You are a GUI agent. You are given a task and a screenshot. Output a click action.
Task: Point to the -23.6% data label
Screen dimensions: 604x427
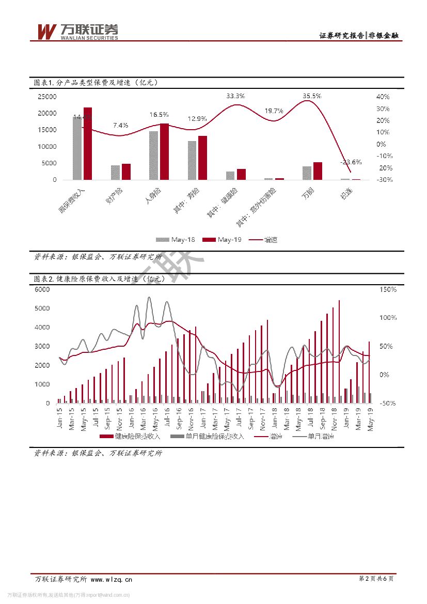[351, 162]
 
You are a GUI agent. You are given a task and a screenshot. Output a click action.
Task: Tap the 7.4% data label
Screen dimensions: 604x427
[120, 125]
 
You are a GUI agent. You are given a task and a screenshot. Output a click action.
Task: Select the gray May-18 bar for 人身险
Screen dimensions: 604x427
[153, 155]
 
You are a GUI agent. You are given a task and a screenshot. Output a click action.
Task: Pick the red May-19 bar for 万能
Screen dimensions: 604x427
[318, 171]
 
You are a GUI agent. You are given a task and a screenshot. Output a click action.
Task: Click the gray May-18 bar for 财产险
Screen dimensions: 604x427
[115, 173]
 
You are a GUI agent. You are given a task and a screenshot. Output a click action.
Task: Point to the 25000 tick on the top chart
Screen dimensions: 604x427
[47, 97]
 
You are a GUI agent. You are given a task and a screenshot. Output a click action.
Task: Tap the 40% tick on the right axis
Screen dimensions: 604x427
[383, 97]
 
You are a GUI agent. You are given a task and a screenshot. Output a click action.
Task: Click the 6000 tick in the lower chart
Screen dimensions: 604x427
[42, 289]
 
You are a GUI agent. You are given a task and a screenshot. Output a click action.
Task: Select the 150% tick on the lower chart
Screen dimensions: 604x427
[388, 289]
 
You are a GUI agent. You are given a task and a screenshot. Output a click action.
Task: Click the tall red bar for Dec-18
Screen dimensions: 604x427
[339, 351]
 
